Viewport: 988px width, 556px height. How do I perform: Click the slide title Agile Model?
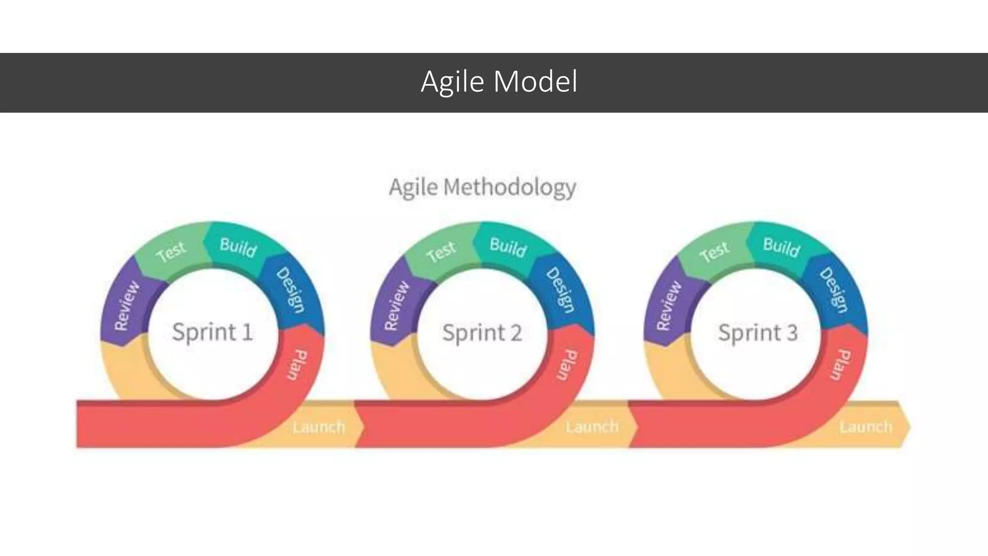499,82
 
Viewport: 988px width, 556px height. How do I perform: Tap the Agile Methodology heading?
482,187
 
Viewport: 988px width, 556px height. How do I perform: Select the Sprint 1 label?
212,332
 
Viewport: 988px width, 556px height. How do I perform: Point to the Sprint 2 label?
482,333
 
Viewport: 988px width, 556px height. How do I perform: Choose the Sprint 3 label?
758,333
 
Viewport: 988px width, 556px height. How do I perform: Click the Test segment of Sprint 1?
171,251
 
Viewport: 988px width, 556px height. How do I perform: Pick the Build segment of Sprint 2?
508,248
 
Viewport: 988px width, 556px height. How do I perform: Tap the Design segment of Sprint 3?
834,290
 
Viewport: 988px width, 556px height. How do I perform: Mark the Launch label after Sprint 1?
319,427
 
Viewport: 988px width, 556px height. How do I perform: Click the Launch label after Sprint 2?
592,427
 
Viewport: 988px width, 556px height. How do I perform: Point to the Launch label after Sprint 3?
866,427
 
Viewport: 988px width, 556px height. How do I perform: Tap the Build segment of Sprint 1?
238,248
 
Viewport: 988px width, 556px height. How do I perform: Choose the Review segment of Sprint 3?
670,306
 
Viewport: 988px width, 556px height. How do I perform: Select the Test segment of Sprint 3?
714,251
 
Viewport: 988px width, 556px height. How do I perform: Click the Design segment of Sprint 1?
290,290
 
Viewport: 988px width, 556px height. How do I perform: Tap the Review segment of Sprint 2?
397,306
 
